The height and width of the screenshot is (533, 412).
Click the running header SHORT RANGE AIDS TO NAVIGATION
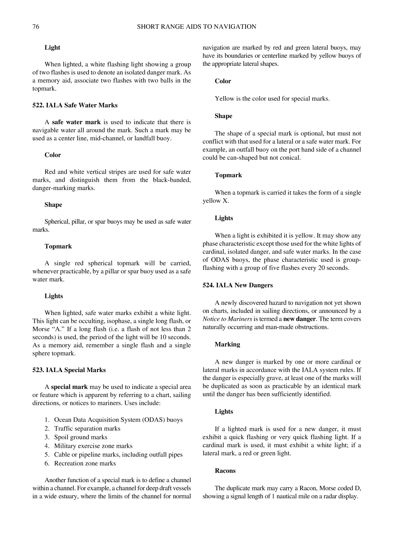click(x=196, y=27)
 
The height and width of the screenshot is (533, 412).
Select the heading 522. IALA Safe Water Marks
click(x=75, y=105)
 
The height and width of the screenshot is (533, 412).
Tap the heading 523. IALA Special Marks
click(x=69, y=370)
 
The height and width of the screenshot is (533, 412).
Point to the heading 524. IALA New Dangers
click(x=238, y=285)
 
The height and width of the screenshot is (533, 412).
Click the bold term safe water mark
click(x=76, y=122)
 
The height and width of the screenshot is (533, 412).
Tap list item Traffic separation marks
click(x=87, y=428)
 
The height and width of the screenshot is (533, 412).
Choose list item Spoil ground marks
click(x=81, y=437)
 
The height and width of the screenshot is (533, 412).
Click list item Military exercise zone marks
click(x=93, y=446)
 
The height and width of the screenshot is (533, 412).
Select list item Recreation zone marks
click(x=85, y=463)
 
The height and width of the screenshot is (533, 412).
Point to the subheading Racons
click(x=225, y=471)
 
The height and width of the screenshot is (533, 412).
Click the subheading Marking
click(x=227, y=344)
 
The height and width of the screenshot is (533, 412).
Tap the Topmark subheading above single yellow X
click(x=228, y=175)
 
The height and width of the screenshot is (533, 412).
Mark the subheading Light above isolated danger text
click(x=52, y=48)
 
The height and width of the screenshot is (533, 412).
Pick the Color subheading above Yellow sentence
click(x=223, y=81)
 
